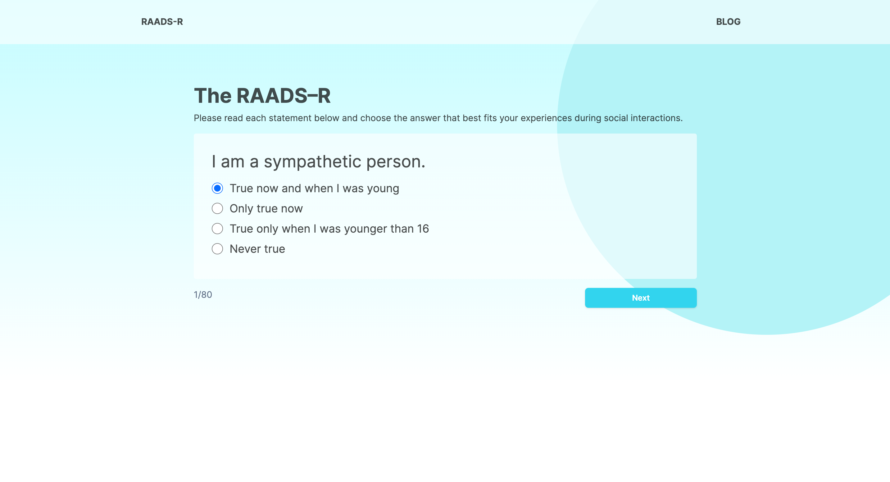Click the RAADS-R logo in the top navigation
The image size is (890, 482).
162,22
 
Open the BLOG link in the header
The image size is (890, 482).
728,22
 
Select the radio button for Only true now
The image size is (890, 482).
217,208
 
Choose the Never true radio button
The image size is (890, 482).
217,249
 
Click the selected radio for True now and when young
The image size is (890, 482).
217,188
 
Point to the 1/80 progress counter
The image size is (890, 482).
203,294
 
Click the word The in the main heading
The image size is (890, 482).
212,96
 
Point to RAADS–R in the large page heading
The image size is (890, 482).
283,96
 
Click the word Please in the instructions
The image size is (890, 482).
207,118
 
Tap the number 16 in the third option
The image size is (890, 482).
423,229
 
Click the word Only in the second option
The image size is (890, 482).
241,208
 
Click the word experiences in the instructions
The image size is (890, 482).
546,118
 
